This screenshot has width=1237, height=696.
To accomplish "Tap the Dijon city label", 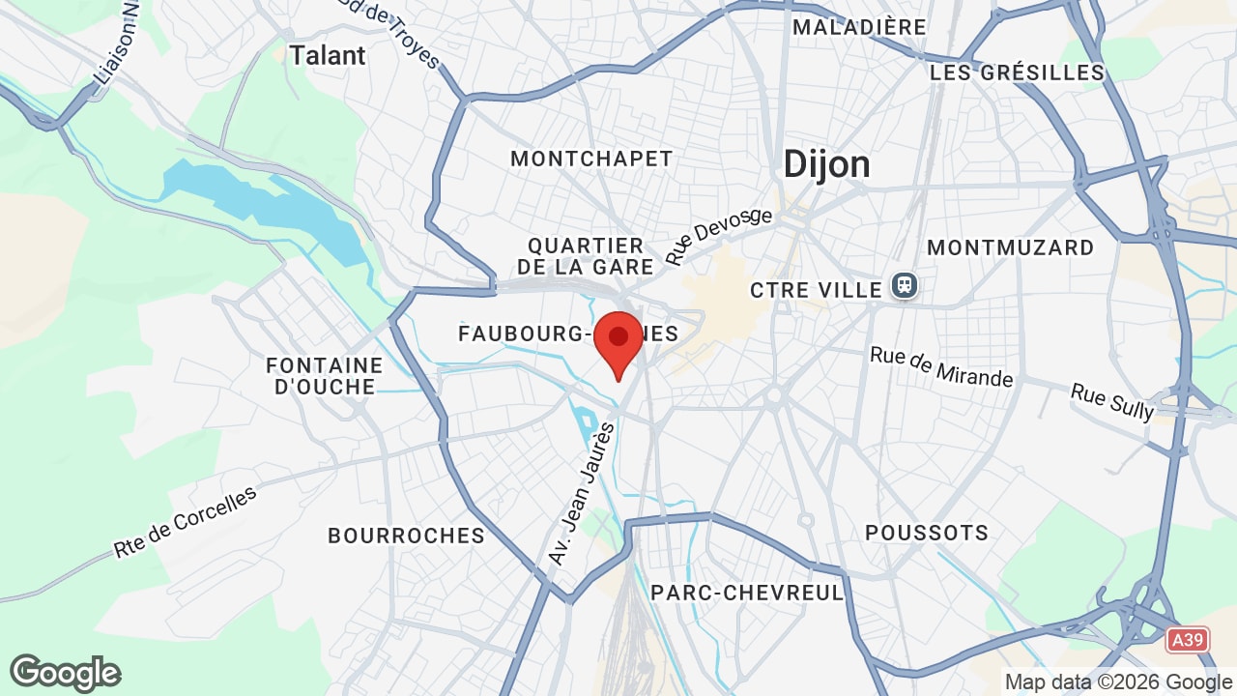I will [x=826, y=164].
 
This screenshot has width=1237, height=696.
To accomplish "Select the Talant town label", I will [x=328, y=55].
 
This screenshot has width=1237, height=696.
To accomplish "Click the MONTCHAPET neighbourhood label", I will [x=591, y=159].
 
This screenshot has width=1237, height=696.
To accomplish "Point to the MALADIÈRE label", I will [x=859, y=27].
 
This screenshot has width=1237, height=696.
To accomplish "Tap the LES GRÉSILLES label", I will [x=1017, y=72].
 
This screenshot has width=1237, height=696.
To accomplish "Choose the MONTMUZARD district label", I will [x=1010, y=247].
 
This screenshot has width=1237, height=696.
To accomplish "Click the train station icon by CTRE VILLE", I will [x=905, y=286].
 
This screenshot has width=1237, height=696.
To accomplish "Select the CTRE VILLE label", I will [x=817, y=290].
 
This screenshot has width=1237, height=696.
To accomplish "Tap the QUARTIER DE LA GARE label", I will [x=587, y=256].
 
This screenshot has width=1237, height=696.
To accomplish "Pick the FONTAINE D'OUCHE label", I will [x=325, y=376].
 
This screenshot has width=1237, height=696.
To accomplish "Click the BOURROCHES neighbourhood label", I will [x=406, y=536].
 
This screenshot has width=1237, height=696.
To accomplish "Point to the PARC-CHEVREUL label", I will [x=748, y=593].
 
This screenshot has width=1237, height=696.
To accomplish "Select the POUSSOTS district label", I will [x=927, y=533].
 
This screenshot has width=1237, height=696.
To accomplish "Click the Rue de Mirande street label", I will [x=941, y=366].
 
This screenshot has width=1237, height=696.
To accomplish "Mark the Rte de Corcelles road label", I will [x=186, y=522].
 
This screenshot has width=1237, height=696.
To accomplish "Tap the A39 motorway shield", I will [x=1188, y=639].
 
